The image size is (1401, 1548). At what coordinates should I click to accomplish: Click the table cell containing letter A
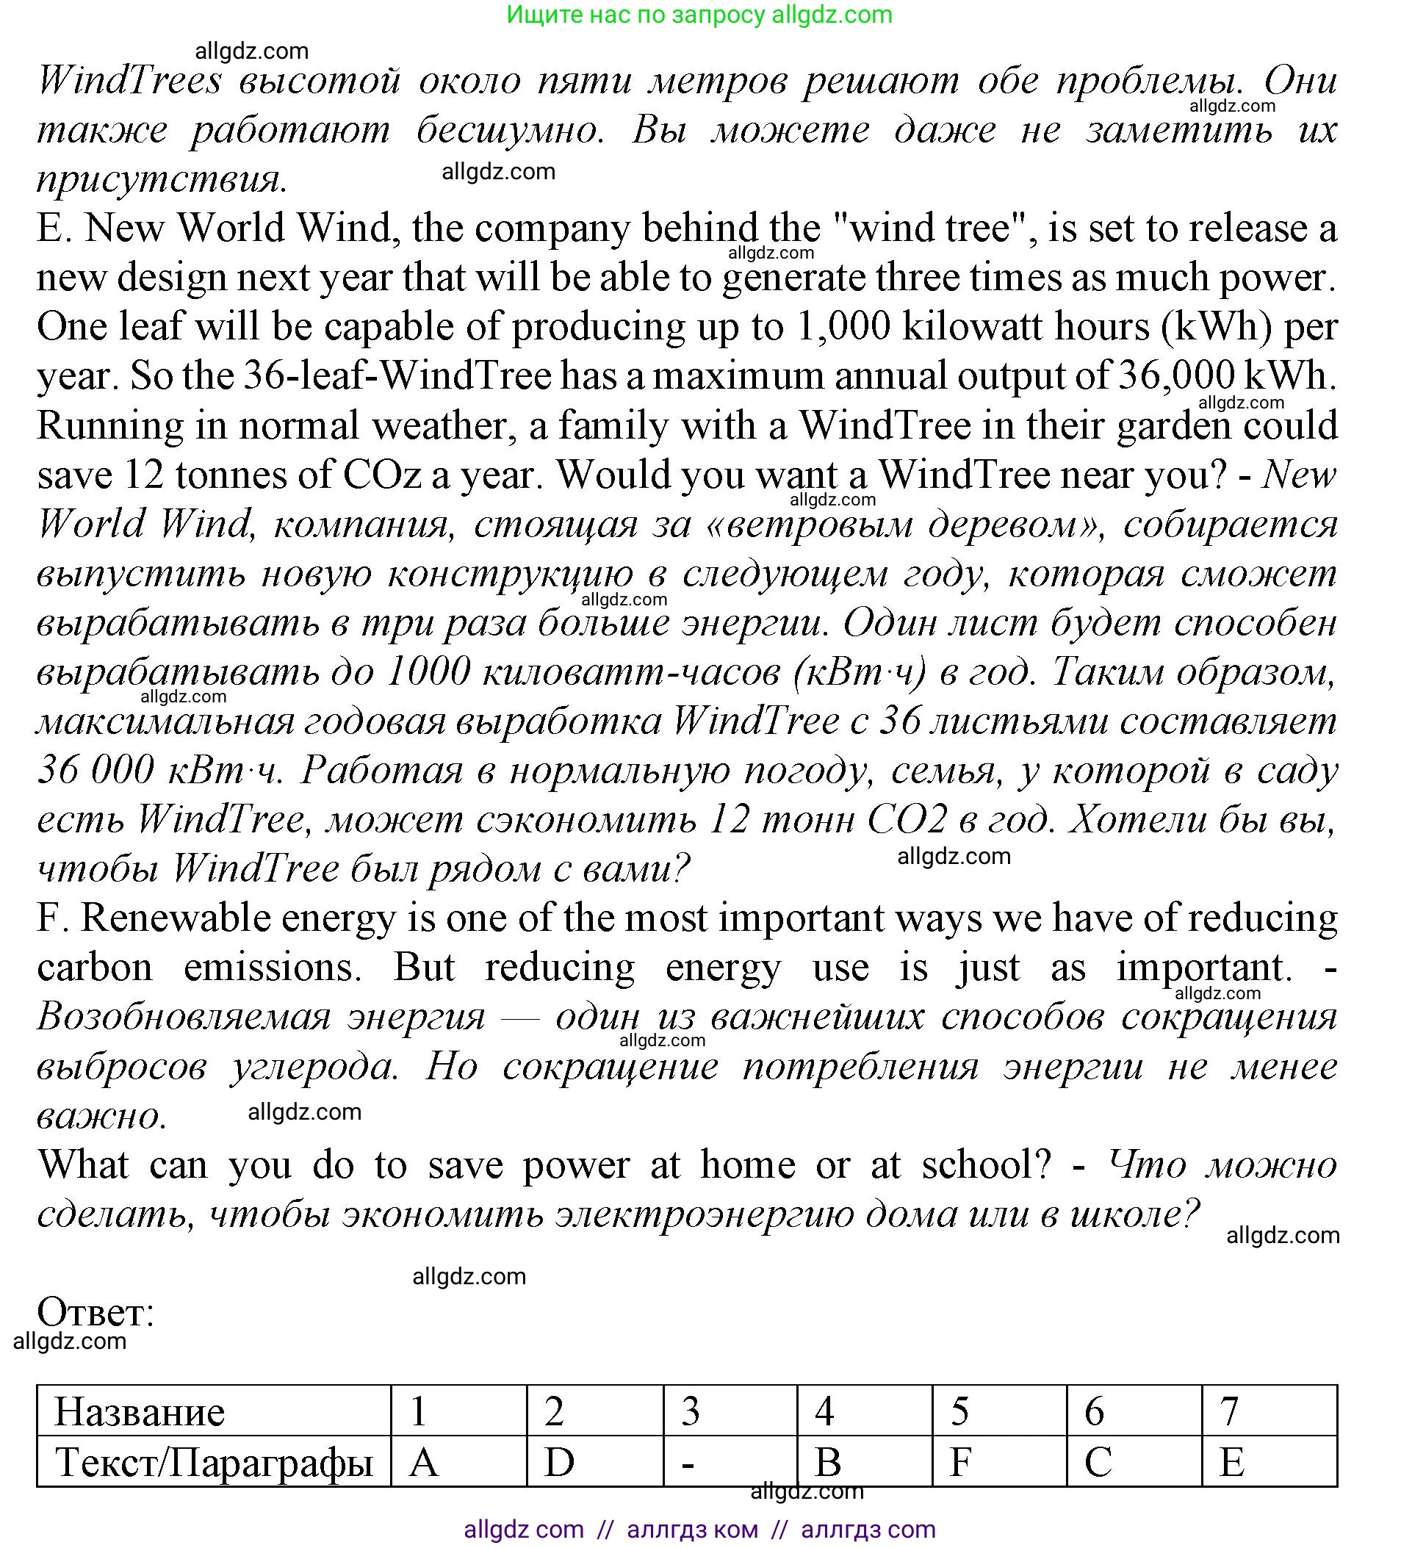point(458,1461)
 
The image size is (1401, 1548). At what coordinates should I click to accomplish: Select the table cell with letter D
point(594,1461)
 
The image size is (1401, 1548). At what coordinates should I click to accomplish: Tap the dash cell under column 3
point(730,1461)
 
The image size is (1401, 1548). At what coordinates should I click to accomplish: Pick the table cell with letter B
point(864,1461)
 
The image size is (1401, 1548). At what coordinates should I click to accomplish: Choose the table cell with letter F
point(998,1461)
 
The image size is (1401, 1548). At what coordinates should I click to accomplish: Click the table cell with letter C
point(1133,1461)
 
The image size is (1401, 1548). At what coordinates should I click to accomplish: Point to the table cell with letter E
point(1268,1461)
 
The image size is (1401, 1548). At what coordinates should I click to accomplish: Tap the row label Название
point(140,1412)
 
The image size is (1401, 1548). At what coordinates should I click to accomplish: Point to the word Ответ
point(96,1311)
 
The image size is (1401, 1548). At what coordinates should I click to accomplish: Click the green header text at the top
point(699,15)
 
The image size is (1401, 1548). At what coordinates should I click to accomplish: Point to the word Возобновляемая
point(184,1017)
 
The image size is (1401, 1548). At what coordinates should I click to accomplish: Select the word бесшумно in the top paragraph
point(510,130)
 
